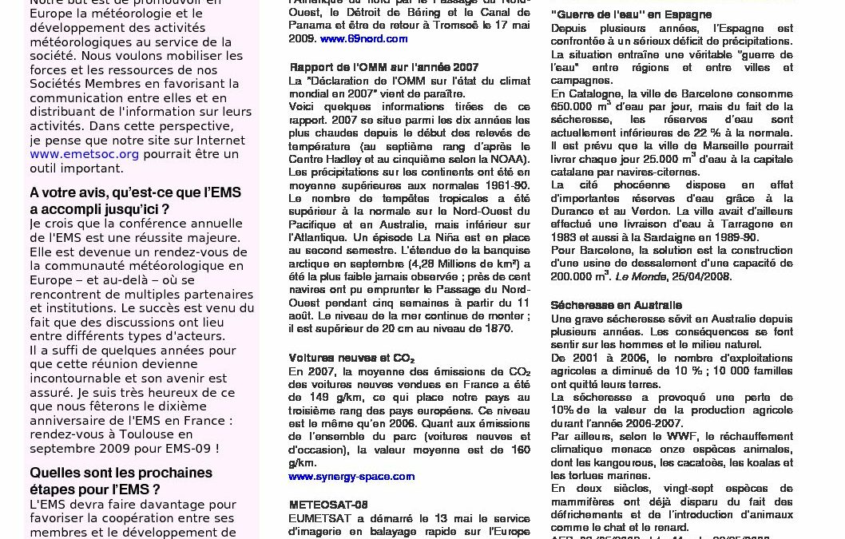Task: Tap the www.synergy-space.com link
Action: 351,477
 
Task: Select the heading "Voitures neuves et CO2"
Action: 351,359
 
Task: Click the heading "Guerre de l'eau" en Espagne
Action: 631,14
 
